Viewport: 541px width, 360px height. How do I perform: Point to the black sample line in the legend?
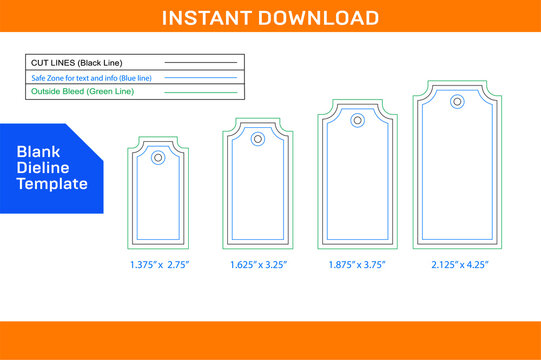pyautogui.click(x=200, y=62)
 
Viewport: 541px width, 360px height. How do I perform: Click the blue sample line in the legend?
pyautogui.click(x=200, y=77)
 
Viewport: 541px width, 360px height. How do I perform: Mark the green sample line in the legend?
pyautogui.click(x=200, y=92)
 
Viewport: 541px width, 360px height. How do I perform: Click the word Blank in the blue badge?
pyautogui.click(x=37, y=151)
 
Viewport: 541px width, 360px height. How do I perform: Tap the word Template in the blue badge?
pyautogui.click(x=52, y=184)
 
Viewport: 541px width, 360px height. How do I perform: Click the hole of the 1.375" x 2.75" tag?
pyautogui.click(x=158, y=157)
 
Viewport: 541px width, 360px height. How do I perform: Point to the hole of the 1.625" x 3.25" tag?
pyautogui.click(x=257, y=139)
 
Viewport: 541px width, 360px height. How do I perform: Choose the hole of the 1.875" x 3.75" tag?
pyautogui.click(x=357, y=120)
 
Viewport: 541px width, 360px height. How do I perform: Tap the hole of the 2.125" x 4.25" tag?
pyautogui.click(x=457, y=101)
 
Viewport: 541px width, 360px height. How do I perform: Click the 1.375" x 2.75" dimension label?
pyautogui.click(x=159, y=265)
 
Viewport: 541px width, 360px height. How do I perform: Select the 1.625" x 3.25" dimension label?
pyautogui.click(x=258, y=265)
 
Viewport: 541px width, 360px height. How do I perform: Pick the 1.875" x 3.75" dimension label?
pyautogui.click(x=357, y=265)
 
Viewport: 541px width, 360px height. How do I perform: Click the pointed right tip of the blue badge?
pyautogui.click(x=103, y=168)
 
